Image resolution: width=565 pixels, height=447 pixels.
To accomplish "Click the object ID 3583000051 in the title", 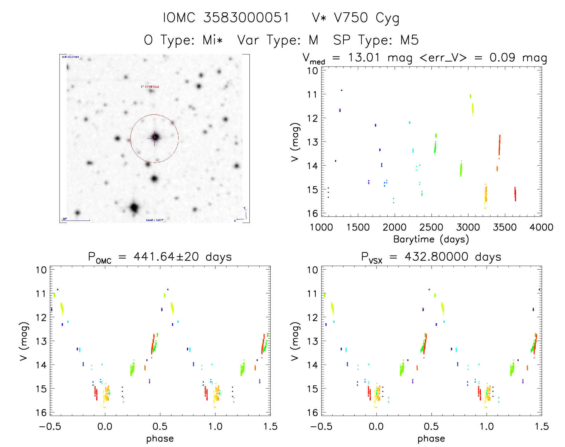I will (246, 18).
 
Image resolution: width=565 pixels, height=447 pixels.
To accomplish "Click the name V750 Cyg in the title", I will (366, 18).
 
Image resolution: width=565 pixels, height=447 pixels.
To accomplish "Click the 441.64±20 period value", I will (166, 257).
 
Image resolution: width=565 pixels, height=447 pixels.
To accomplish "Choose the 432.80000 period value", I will (436, 257).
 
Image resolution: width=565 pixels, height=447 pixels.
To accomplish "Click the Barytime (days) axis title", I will (431, 239).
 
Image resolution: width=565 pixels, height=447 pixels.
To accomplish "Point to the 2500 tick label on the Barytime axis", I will (431, 227).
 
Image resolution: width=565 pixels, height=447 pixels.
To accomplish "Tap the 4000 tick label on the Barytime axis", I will (541, 227).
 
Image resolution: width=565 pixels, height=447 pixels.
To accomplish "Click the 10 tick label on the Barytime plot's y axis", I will (313, 71).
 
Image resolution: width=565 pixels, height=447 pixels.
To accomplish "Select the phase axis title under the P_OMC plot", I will (160, 439).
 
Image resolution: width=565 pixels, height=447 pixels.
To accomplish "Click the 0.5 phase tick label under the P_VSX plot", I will (431, 426).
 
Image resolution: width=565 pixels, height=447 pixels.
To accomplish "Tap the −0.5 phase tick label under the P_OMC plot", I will (50, 426).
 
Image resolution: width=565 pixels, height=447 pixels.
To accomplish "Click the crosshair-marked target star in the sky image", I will (154, 138).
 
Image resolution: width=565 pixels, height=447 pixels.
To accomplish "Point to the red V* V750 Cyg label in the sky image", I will (150, 86).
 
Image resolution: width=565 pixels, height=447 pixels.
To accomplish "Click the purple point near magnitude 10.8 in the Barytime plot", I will (342, 90).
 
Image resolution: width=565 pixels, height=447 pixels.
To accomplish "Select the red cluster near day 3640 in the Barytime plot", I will (515, 194).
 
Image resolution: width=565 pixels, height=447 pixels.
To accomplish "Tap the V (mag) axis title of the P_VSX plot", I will (295, 341).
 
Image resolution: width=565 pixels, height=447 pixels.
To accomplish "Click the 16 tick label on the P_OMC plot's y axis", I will (41, 413).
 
